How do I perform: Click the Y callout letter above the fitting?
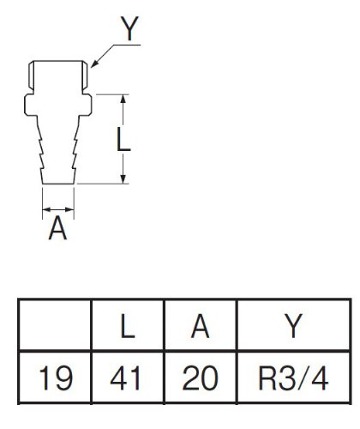(129, 28)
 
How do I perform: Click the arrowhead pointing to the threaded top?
(94, 64)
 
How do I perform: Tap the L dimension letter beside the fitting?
(123, 139)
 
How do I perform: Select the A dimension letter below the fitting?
(57, 227)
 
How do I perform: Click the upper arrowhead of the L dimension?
(123, 99)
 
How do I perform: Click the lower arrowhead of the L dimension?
(123, 179)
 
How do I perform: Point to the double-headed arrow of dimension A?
(58, 209)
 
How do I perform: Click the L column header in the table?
(127, 326)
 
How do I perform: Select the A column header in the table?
(200, 326)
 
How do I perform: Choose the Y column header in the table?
(293, 326)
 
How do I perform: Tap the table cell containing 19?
(55, 378)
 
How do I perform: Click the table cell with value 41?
(128, 378)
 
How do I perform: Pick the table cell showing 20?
(201, 378)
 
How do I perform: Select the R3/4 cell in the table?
(294, 378)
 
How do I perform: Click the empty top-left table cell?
(55, 324)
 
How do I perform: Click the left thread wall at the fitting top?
(32, 75)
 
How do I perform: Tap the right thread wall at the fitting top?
(85, 75)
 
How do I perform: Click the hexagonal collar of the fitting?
(58, 105)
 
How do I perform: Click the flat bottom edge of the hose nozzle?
(58, 184)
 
